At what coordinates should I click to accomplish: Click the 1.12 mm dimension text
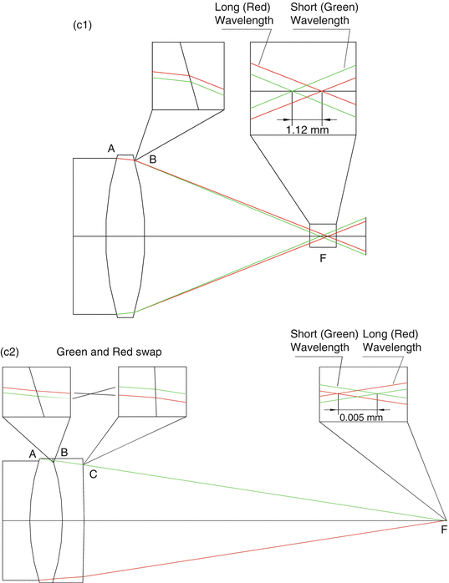(308, 129)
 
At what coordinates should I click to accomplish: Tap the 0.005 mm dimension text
(361, 417)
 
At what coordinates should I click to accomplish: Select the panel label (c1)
(82, 25)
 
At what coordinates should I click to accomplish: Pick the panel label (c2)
(9, 352)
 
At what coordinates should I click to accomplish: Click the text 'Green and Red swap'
(109, 352)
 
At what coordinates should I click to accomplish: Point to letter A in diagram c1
(111, 149)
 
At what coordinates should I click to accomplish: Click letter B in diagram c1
(153, 160)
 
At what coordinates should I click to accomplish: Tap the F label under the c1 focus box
(323, 257)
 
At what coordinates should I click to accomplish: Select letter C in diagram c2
(93, 474)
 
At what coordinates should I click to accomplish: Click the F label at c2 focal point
(444, 530)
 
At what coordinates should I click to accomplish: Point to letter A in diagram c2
(33, 454)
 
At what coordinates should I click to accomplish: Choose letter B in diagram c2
(64, 453)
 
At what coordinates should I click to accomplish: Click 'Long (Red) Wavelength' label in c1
(244, 13)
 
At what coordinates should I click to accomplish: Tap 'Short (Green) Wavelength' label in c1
(324, 13)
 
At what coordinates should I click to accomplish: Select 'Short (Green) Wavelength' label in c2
(324, 341)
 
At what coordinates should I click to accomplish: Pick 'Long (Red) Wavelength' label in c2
(392, 341)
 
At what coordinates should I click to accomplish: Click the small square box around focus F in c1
(310, 236)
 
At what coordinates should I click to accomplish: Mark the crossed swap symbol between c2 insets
(94, 393)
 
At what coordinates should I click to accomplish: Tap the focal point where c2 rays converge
(446, 520)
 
